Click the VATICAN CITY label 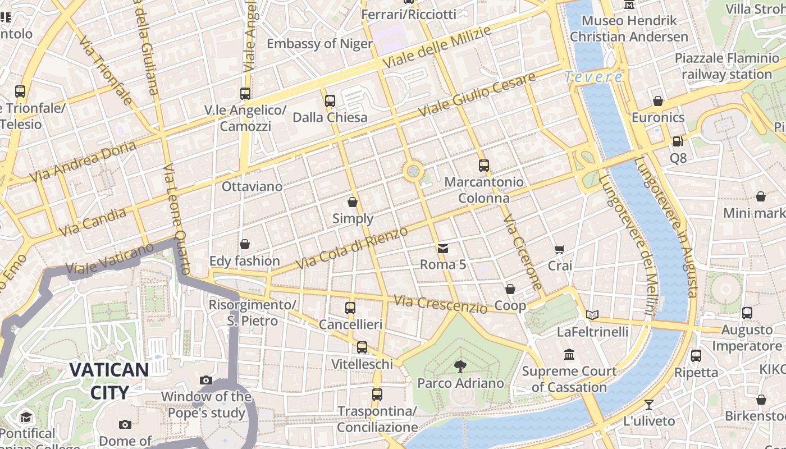click(x=109, y=381)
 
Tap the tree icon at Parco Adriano click(x=460, y=366)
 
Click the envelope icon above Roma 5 click(x=443, y=249)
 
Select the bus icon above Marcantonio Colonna click(x=484, y=165)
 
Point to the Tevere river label click(x=593, y=77)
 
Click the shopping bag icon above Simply click(x=353, y=202)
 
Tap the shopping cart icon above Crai click(x=559, y=249)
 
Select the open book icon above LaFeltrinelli click(x=592, y=315)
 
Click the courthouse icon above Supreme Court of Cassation click(x=569, y=355)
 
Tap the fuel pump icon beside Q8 click(x=678, y=141)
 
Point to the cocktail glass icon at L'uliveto click(x=649, y=404)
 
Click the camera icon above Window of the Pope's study click(x=206, y=380)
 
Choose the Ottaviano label click(x=252, y=186)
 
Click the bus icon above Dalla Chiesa click(x=330, y=101)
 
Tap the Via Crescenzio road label click(x=440, y=304)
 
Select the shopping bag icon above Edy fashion click(x=244, y=244)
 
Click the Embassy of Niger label click(x=319, y=44)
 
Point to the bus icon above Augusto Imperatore click(x=747, y=313)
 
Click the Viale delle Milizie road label click(x=436, y=48)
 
